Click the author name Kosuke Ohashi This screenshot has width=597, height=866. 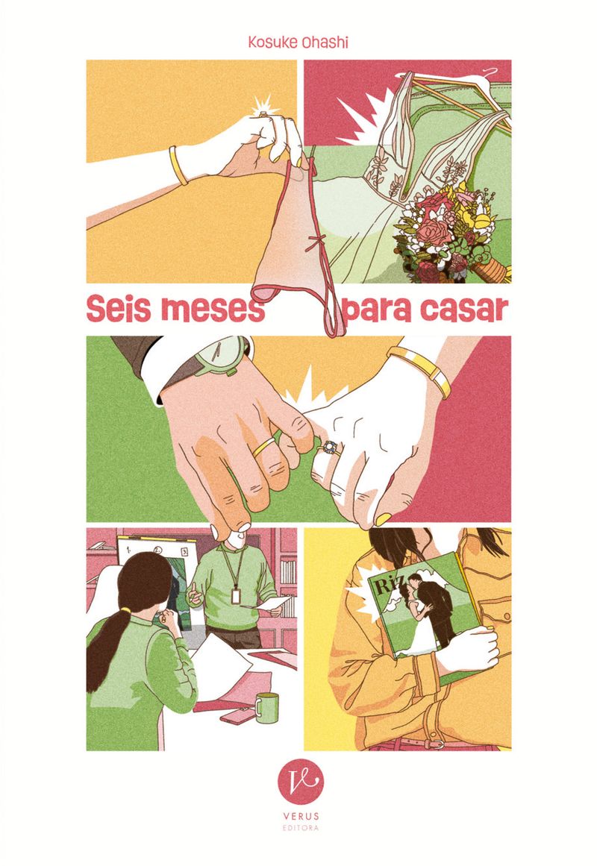click(x=298, y=43)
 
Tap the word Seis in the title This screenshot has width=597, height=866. click(x=119, y=310)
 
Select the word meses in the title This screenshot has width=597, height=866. click(x=212, y=310)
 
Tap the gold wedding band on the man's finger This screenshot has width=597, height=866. click(x=264, y=446)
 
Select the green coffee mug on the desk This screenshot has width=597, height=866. click(x=267, y=707)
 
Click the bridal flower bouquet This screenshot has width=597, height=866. click(x=448, y=232)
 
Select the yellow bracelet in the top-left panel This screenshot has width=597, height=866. click(x=178, y=165)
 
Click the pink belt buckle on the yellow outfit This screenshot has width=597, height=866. click(x=438, y=744)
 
